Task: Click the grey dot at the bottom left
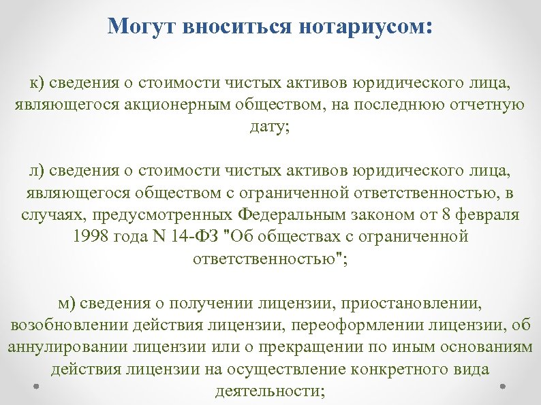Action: click(x=35, y=385)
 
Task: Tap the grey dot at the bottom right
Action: click(x=503, y=385)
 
